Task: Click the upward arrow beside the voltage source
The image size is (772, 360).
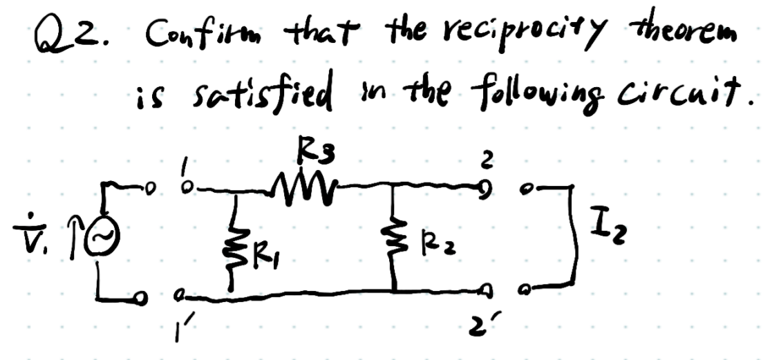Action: tap(75, 239)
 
